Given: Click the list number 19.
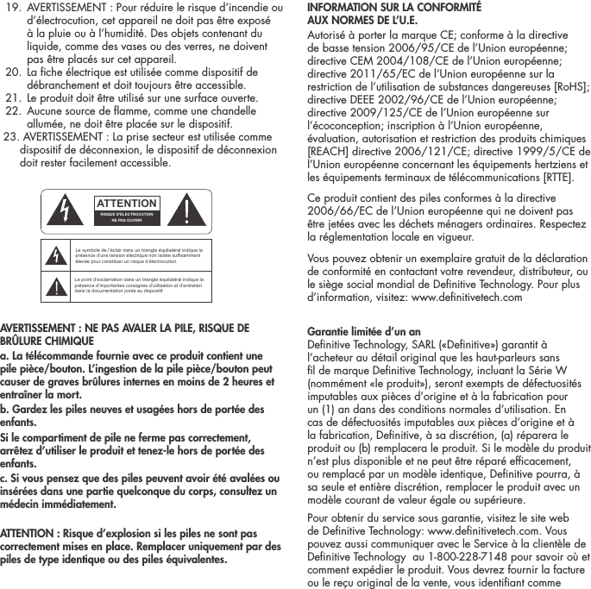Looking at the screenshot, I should coord(15,9).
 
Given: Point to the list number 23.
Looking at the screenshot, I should coord(13,136).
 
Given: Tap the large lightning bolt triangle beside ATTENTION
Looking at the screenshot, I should coord(65,209).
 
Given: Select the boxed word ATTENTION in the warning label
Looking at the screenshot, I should coord(126,203).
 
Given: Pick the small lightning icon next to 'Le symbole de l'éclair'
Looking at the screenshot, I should coord(58,256).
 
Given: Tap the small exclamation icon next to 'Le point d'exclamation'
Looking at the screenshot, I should coord(58,286).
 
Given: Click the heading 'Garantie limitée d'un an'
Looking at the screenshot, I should coord(364,331).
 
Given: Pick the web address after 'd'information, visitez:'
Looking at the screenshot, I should coord(468,297).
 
